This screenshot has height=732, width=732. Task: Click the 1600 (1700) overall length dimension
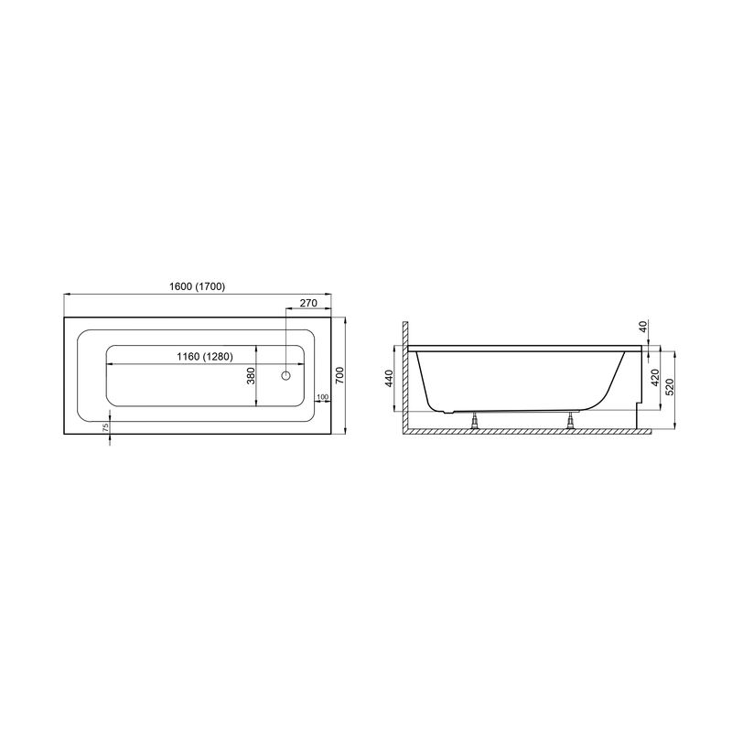[x=197, y=286]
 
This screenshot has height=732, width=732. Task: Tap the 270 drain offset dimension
[x=308, y=303]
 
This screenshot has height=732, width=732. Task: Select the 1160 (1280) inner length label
[x=205, y=357]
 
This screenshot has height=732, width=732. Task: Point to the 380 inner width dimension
[x=251, y=376]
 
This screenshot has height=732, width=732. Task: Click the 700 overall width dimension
[x=339, y=375]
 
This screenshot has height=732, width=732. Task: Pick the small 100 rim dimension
[x=323, y=397]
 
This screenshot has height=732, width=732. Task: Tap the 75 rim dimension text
[x=105, y=426]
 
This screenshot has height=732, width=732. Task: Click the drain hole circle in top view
[x=285, y=375]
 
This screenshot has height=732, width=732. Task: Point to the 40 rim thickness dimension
[x=644, y=327]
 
